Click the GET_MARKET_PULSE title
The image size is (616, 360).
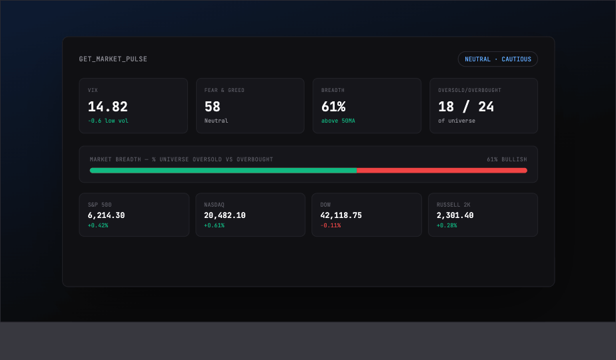tap(113, 59)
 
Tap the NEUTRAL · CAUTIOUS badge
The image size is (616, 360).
tap(498, 59)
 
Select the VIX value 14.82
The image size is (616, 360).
tap(107, 107)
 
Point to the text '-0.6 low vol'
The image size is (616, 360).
tap(108, 121)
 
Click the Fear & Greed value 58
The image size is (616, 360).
tap(212, 107)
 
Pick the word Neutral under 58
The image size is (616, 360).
tap(216, 121)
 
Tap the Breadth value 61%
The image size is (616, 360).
tap(333, 107)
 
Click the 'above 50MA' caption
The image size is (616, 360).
tap(338, 121)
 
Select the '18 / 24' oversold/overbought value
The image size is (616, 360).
tap(466, 107)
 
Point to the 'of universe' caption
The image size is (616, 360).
tap(457, 121)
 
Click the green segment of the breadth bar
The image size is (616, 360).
tap(223, 171)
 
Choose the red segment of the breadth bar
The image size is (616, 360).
tap(442, 171)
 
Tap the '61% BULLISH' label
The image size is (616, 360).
tap(507, 159)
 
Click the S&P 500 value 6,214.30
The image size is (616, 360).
tap(106, 215)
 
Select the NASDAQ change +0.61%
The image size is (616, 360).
tap(214, 225)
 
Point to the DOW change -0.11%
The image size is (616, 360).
tap(331, 225)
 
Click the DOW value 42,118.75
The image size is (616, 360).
tap(341, 215)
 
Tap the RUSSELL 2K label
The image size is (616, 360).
tap(453, 205)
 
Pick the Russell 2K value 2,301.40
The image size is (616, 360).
tap(455, 215)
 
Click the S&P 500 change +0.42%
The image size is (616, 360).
tap(98, 225)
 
